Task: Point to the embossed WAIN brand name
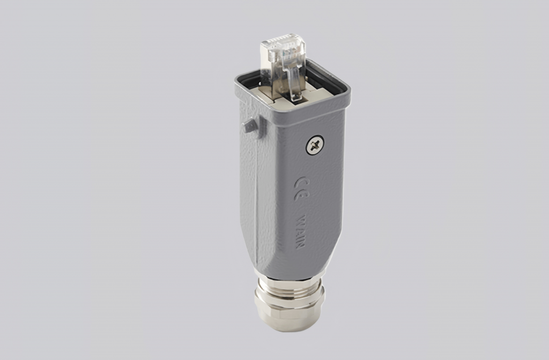coord(300,232)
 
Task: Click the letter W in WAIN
coord(301,221)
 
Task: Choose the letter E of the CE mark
coord(301,194)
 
